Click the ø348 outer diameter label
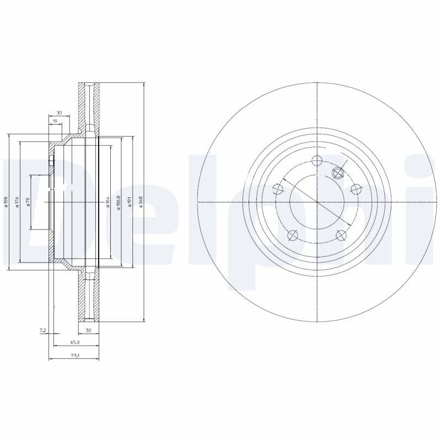141,202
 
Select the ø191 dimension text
129,202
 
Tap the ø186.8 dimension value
119,202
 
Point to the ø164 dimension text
108,202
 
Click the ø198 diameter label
6,202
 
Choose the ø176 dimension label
17,202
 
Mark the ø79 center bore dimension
28,202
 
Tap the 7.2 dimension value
42,330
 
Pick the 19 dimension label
55,121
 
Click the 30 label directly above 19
59,112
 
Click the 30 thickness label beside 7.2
88,330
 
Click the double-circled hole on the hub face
339,173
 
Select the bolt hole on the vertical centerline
317,161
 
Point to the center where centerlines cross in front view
317,202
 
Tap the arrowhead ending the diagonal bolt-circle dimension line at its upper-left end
282,179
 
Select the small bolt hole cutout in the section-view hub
51,161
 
